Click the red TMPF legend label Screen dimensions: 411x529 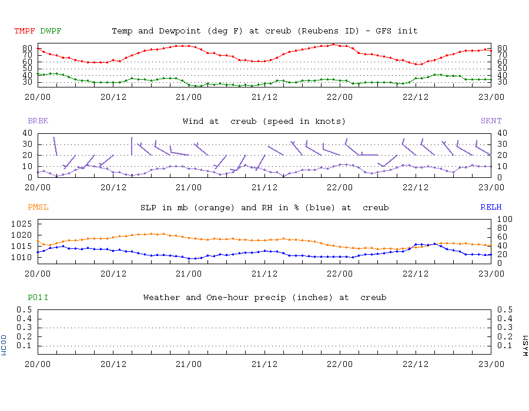(x=25, y=31)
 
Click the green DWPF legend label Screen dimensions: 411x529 (x=51, y=31)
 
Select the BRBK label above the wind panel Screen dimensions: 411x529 (x=38, y=121)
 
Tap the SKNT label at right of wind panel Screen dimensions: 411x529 (x=491, y=121)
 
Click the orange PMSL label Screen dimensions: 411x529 (x=38, y=207)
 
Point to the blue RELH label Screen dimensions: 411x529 (x=491, y=207)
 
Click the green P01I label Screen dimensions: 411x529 (x=38, y=298)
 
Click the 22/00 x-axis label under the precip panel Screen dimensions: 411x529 (x=340, y=363)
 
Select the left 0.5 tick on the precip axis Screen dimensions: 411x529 (x=24, y=309)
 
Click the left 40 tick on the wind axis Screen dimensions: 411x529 (x=26, y=133)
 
